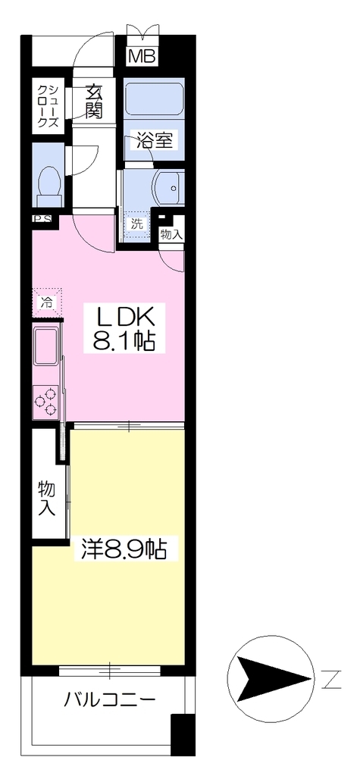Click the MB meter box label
(x=142, y=56)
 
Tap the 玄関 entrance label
(x=92, y=102)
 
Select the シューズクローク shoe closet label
(x=49, y=106)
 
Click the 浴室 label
(x=154, y=141)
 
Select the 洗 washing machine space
(x=136, y=224)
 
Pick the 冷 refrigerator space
(x=47, y=302)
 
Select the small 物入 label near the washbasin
(x=171, y=235)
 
